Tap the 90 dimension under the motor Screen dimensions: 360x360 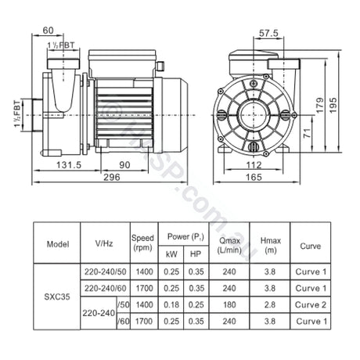(x=124, y=164)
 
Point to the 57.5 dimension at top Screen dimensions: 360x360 (x=268, y=34)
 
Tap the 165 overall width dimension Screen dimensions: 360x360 (x=250, y=178)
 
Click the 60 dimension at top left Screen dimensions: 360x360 (x=49, y=30)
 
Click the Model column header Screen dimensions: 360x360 (x=58, y=244)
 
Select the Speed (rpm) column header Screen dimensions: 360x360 (x=142, y=243)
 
